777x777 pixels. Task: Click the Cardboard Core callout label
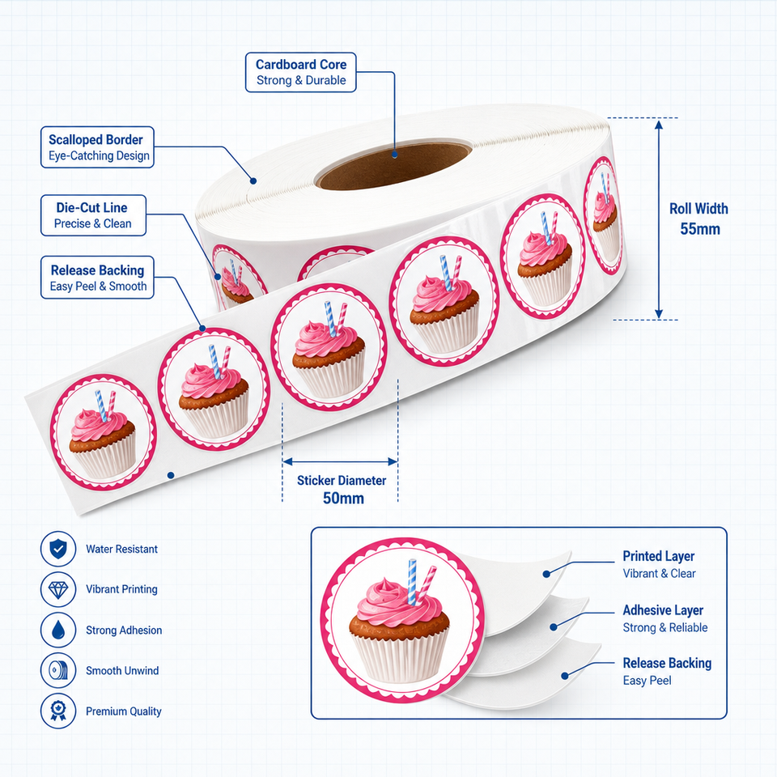[301, 72]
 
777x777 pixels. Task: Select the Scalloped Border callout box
[98, 147]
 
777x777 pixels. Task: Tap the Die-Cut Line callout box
[93, 215]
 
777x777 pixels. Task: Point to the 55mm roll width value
[699, 229]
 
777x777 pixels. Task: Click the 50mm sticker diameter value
[343, 498]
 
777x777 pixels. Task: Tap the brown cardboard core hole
[394, 167]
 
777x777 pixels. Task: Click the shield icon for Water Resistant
[58, 549]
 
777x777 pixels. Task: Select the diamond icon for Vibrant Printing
[58, 590]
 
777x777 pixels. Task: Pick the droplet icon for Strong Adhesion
[58, 630]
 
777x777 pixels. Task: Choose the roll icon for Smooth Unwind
[58, 670]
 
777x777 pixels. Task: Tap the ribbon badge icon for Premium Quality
[58, 711]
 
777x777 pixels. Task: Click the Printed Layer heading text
[659, 557]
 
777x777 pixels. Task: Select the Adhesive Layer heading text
[663, 610]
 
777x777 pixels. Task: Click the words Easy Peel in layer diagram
[647, 681]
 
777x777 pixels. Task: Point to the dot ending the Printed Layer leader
[546, 574]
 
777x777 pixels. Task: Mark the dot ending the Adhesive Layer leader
[554, 626]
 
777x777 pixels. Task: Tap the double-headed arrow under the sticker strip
[340, 462]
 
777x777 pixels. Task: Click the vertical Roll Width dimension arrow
[659, 219]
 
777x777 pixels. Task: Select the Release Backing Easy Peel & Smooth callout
[98, 278]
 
